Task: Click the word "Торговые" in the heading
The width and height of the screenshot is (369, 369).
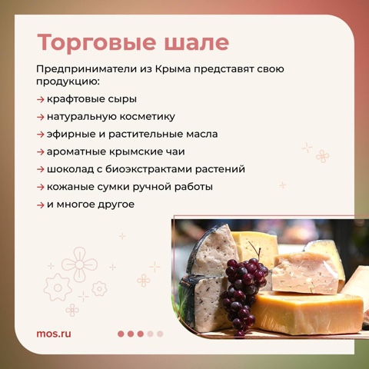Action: tap(97, 43)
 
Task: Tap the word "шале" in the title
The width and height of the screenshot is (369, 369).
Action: tap(197, 43)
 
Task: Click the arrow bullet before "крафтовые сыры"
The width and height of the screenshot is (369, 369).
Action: tap(41, 99)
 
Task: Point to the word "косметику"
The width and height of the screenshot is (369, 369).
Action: tap(148, 117)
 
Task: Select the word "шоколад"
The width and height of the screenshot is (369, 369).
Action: tap(70, 169)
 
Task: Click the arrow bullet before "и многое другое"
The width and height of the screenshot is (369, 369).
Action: tap(41, 205)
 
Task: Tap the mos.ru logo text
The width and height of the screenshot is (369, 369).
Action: tap(54, 334)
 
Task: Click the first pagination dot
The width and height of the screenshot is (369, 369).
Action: tap(121, 334)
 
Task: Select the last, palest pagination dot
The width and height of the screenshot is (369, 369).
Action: tap(160, 334)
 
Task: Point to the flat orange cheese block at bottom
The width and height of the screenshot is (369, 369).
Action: tap(307, 313)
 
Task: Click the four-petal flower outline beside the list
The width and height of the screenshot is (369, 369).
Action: tap(323, 156)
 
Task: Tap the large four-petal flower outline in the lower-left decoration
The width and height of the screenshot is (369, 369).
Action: tap(79, 264)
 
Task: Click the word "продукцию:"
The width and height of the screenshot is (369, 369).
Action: tap(68, 82)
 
